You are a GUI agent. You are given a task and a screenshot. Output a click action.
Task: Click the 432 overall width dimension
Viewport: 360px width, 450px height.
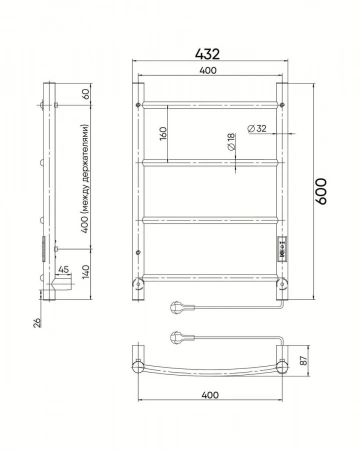(207, 54)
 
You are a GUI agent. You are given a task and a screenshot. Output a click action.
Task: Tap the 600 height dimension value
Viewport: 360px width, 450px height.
(321, 191)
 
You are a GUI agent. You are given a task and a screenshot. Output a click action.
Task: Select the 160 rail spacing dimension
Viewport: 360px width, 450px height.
(163, 133)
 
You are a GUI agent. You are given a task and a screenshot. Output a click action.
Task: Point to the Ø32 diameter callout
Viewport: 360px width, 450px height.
(257, 128)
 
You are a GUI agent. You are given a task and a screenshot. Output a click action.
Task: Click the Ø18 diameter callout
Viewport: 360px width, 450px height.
(231, 142)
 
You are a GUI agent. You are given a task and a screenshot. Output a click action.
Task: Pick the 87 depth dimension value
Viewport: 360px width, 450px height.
(304, 360)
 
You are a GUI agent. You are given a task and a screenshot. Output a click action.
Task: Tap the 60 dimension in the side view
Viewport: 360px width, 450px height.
(86, 94)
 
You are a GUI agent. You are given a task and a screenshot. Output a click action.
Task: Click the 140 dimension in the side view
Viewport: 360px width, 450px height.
(86, 272)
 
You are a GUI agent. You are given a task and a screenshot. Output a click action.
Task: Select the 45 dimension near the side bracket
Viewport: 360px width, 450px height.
(63, 269)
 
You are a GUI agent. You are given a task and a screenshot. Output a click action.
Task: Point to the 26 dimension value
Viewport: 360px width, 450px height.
(38, 322)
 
